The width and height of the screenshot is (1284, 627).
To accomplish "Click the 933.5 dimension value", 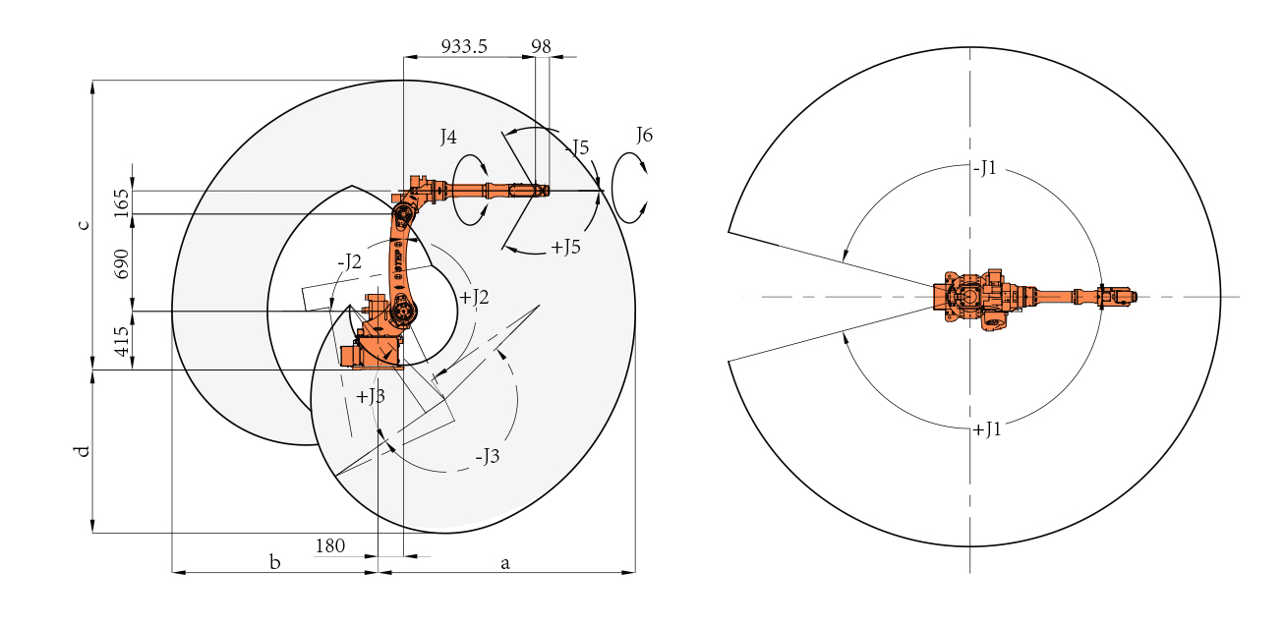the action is pyautogui.click(x=464, y=46).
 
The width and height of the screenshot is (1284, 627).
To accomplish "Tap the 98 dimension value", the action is pyautogui.click(x=541, y=46).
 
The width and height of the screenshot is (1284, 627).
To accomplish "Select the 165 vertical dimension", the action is pyautogui.click(x=122, y=202).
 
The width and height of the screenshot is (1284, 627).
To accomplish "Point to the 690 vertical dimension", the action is pyautogui.click(x=122, y=263).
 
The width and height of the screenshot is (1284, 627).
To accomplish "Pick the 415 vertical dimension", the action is pyautogui.click(x=122, y=341).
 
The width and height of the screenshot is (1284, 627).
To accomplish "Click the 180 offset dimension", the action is pyautogui.click(x=330, y=546).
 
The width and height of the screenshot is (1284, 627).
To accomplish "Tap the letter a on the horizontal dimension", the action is pyautogui.click(x=505, y=564).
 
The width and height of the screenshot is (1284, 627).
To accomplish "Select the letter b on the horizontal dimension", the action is pyautogui.click(x=275, y=562).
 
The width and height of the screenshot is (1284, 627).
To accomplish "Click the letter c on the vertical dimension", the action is pyautogui.click(x=84, y=225).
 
